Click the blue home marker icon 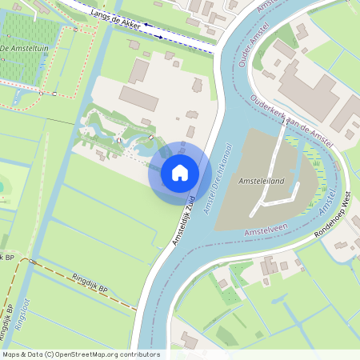(180, 173)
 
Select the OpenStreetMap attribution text (81, 354)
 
